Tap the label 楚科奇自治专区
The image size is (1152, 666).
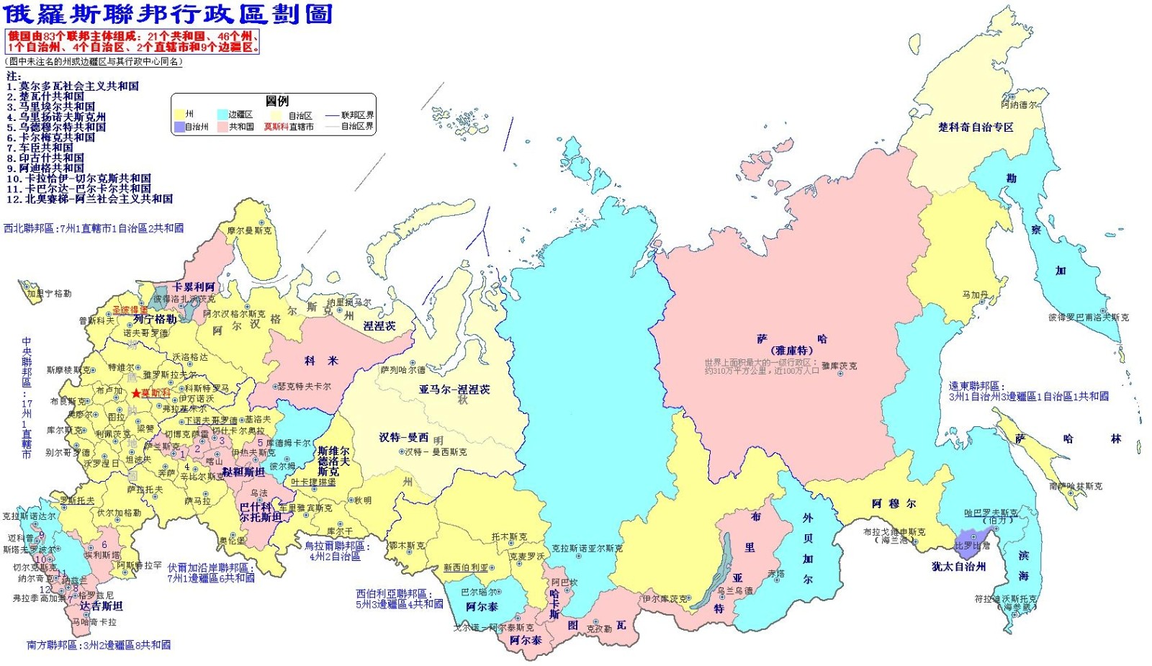[975, 127]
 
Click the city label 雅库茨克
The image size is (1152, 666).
[839, 366]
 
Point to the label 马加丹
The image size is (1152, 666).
[975, 294]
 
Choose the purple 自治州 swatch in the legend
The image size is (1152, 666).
[179, 127]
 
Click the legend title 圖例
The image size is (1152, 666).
[276, 102]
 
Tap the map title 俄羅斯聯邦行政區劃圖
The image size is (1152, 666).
[168, 14]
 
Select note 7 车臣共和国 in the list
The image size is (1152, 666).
[46, 148]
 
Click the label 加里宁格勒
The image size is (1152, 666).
[49, 294]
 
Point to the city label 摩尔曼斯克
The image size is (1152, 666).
[249, 230]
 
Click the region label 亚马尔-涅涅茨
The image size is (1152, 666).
[454, 390]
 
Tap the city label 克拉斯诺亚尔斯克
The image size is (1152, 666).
[587, 548]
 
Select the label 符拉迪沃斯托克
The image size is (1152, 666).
[1006, 598]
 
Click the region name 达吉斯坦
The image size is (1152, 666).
[101, 606]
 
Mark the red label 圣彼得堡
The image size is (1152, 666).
[130, 310]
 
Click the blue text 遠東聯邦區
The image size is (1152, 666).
[973, 386]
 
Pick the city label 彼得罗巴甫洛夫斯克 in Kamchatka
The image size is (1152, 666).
[1088, 317]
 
